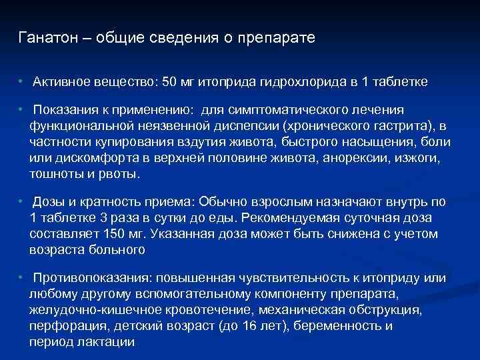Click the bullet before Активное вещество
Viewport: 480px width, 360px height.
(21, 81)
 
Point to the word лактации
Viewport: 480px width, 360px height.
(106, 342)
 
